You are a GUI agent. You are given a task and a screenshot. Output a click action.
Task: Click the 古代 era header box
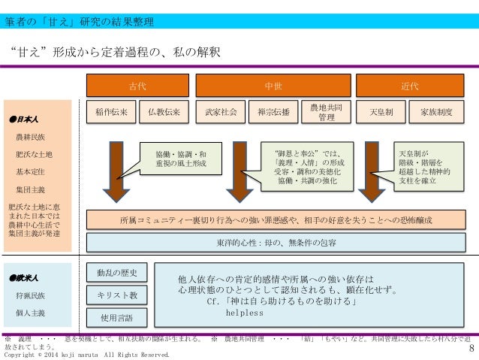(137, 85)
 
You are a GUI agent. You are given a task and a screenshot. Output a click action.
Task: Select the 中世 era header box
(270, 85)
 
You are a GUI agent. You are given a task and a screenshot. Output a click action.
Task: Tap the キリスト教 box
(116, 295)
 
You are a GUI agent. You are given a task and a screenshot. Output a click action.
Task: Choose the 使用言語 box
(116, 318)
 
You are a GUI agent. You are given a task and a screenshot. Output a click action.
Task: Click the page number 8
(471, 348)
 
